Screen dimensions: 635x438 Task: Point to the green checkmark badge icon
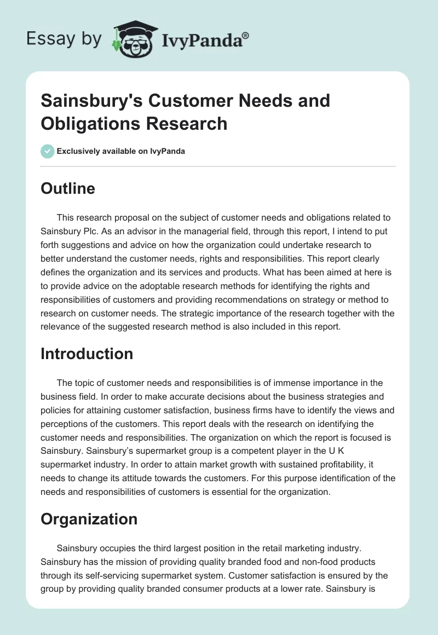pos(48,151)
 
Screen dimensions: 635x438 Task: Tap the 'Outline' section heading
pos(68,188)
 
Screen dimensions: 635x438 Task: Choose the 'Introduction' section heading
pos(87,354)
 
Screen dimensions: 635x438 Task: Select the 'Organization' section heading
pos(89,519)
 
